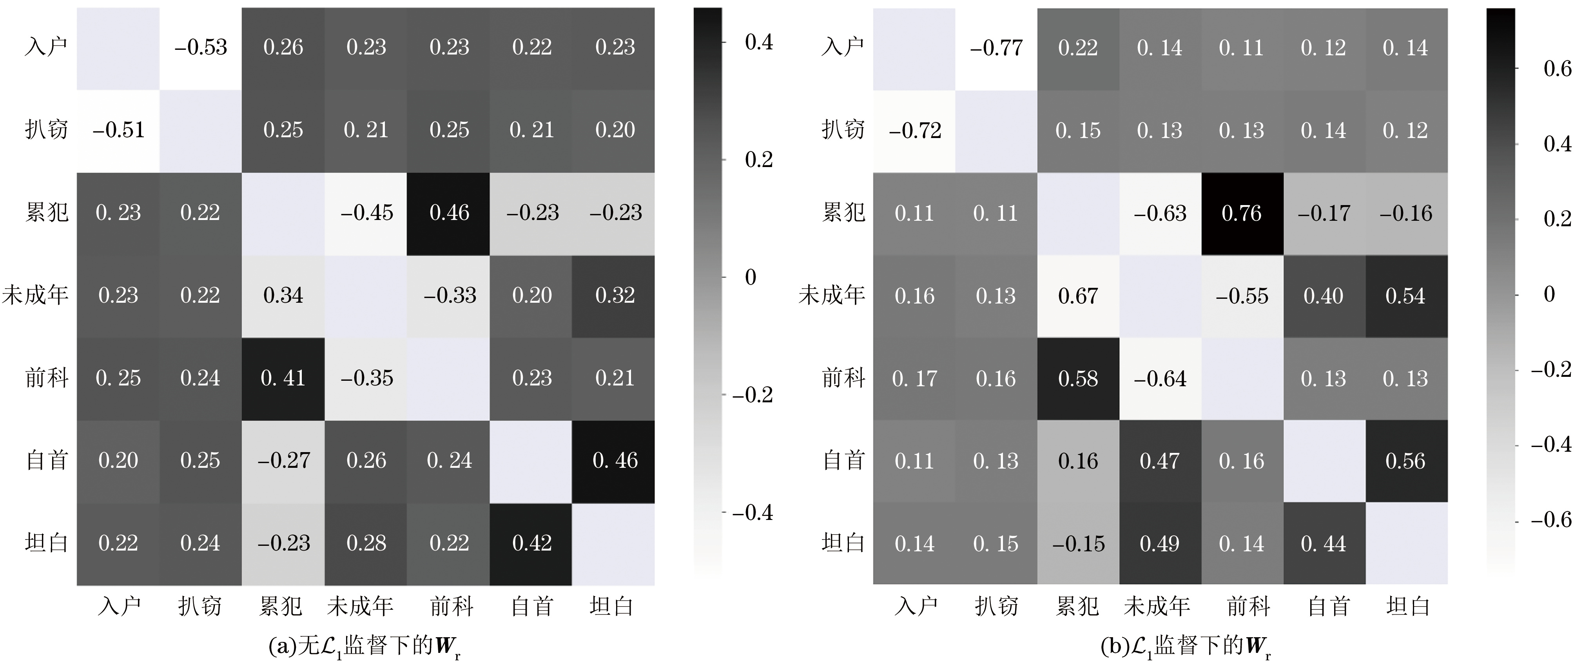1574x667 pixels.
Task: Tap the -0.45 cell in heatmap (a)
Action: tap(366, 213)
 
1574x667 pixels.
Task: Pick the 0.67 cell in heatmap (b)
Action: tap(1078, 296)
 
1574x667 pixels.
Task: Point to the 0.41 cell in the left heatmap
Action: tap(283, 378)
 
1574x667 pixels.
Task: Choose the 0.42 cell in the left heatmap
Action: tap(531, 543)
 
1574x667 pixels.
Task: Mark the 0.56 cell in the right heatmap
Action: tap(1405, 461)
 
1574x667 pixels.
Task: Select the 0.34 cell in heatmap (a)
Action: tap(283, 295)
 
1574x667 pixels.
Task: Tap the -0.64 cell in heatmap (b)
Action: tap(1160, 378)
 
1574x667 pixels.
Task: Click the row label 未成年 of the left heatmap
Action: tap(35, 295)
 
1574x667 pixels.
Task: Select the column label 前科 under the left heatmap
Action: tap(452, 607)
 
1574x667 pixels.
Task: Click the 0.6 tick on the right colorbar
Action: tap(1557, 69)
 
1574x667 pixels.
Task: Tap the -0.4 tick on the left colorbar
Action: tap(752, 513)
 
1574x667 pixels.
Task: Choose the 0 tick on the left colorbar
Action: tap(750, 278)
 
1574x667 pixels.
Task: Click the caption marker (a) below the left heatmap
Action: tap(282, 646)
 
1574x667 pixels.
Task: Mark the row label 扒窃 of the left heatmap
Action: tap(46, 130)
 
